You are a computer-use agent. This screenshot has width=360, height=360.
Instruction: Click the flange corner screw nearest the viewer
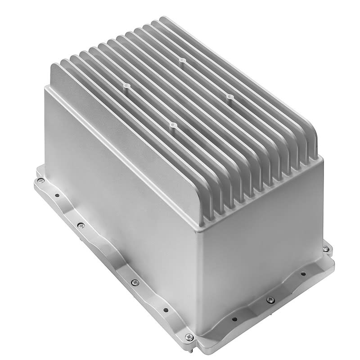(x=189, y=337)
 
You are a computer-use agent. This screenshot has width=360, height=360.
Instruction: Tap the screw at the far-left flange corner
(x=40, y=181)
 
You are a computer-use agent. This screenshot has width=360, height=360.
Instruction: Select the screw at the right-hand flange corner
(x=326, y=248)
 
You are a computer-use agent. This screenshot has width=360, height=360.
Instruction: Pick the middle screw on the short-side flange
(x=270, y=300)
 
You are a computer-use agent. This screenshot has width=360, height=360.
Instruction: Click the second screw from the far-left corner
(x=81, y=225)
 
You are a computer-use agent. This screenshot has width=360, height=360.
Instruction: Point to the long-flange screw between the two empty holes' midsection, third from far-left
(x=135, y=282)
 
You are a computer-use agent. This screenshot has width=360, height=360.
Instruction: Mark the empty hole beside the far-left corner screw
(x=57, y=195)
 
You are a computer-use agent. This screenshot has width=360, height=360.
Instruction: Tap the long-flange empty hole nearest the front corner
(x=166, y=310)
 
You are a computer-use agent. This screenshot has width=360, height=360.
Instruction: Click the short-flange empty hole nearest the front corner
(x=234, y=319)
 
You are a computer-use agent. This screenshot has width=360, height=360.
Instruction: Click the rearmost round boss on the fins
(x=181, y=59)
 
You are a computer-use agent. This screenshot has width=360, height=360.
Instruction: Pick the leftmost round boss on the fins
(x=126, y=84)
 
